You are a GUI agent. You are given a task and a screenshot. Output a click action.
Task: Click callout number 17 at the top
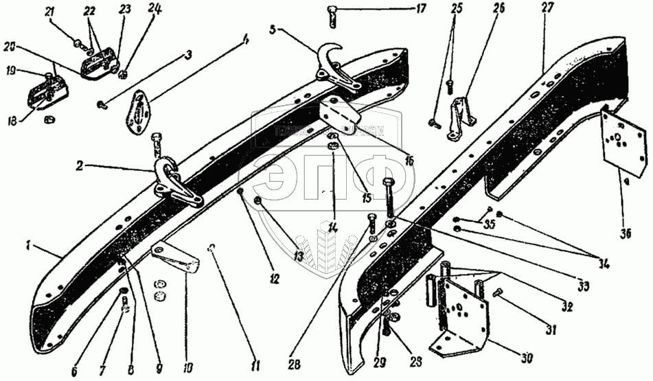420,9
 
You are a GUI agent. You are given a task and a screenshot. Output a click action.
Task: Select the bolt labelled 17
332,13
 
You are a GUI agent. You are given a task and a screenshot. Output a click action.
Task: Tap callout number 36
623,233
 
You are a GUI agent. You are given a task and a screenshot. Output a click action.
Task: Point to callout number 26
498,9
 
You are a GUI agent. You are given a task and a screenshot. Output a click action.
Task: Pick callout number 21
49,12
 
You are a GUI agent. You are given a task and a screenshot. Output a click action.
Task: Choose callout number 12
274,280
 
